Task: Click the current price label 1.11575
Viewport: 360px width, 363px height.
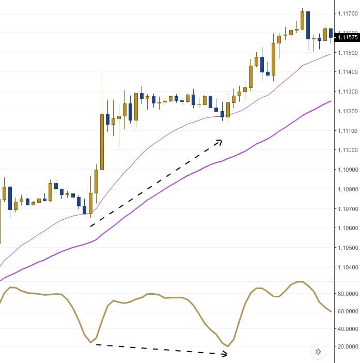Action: tap(347, 37)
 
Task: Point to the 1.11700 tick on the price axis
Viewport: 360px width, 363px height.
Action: tap(347, 13)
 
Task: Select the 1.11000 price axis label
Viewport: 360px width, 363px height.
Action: tap(347, 150)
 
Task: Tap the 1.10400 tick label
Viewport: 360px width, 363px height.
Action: tap(347, 267)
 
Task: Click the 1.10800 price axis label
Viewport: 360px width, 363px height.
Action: tap(347, 189)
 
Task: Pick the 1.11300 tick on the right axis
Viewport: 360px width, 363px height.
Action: tap(347, 92)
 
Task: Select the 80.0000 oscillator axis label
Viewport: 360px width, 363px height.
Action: tap(347, 294)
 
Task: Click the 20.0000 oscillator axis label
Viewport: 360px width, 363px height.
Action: tap(347, 346)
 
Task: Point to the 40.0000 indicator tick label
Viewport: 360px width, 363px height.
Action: tap(347, 329)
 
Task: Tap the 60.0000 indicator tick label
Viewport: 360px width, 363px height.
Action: tap(347, 311)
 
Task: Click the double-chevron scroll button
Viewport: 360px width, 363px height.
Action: tap(318, 352)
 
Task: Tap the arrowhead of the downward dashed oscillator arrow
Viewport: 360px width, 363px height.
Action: tap(225, 354)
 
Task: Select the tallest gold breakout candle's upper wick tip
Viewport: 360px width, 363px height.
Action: tap(102, 72)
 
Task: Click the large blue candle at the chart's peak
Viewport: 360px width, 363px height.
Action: tap(308, 25)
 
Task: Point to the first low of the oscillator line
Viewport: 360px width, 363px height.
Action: tap(90, 342)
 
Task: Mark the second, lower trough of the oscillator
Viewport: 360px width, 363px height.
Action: tap(228, 346)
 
